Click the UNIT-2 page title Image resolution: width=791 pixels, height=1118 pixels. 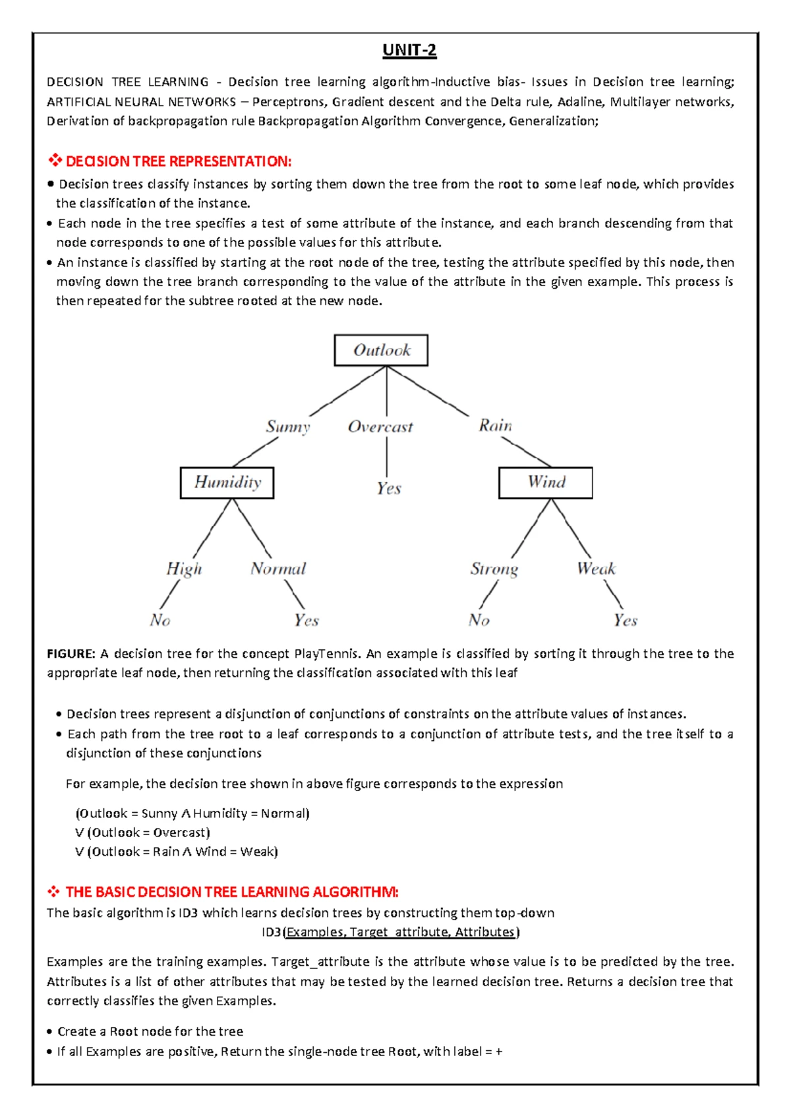[409, 51]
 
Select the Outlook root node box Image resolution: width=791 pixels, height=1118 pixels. [381, 350]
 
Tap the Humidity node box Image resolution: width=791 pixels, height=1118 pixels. [227, 483]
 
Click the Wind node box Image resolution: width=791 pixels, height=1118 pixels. [546, 483]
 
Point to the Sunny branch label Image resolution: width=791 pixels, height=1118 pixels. [288, 427]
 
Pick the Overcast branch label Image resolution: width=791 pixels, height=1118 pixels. [380, 427]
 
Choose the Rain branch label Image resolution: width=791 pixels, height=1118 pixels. [495, 426]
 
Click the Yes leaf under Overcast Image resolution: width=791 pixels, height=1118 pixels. [389, 488]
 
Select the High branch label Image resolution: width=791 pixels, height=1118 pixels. [184, 569]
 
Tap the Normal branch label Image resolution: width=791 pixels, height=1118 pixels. [278, 569]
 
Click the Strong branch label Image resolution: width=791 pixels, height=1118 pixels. [494, 569]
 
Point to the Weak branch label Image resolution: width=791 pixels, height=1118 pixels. [596, 569]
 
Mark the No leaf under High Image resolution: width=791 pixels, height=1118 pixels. [160, 620]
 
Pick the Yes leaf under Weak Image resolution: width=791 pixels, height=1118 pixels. [625, 620]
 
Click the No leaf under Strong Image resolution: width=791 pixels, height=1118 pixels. [479, 620]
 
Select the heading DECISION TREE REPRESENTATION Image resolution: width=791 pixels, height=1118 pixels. [178, 162]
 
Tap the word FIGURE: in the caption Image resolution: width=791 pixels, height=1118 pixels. [71, 654]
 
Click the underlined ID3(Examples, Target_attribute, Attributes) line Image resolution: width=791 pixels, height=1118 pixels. [390, 932]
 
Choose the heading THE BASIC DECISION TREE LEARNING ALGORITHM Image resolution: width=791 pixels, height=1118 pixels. [231, 893]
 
